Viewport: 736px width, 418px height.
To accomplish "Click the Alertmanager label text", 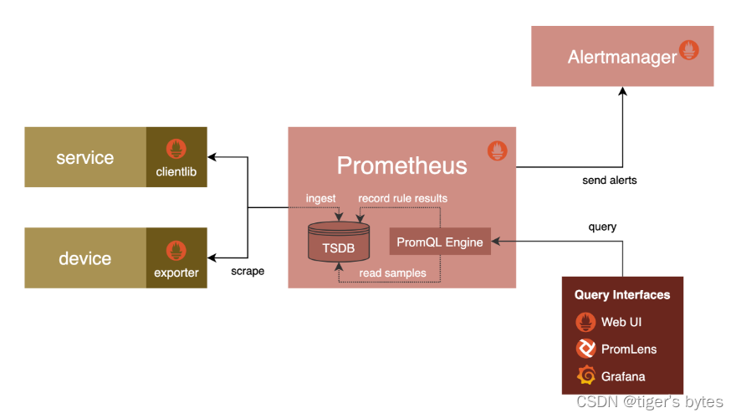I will coord(621,57).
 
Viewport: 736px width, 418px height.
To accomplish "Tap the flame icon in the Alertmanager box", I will coord(689,50).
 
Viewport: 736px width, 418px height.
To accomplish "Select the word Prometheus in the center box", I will coord(401,165).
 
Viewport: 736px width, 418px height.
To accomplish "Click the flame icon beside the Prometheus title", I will coord(497,151).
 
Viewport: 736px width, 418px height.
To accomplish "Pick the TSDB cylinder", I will coord(338,242).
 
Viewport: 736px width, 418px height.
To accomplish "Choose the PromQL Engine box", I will coord(440,242).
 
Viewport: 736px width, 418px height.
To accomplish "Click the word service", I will coord(84,157).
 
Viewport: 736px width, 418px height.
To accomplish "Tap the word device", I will coord(84,258).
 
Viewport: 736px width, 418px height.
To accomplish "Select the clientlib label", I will coord(176,172).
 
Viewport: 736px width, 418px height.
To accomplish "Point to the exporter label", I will coord(176,273).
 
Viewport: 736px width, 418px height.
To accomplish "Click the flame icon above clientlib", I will coord(176,150).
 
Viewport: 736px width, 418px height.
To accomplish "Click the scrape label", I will coord(248,272).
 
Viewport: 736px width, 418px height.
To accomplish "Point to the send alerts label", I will coord(610,180).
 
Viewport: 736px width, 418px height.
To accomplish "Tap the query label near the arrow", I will coord(602,227).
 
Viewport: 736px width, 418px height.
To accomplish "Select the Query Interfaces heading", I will coord(622,295).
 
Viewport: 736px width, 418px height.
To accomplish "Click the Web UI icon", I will coord(585,322).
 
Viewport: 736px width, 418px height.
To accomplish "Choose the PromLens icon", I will coord(585,349).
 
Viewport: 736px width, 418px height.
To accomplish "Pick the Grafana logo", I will coord(585,375).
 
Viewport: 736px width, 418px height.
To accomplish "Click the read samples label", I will coord(392,273).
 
